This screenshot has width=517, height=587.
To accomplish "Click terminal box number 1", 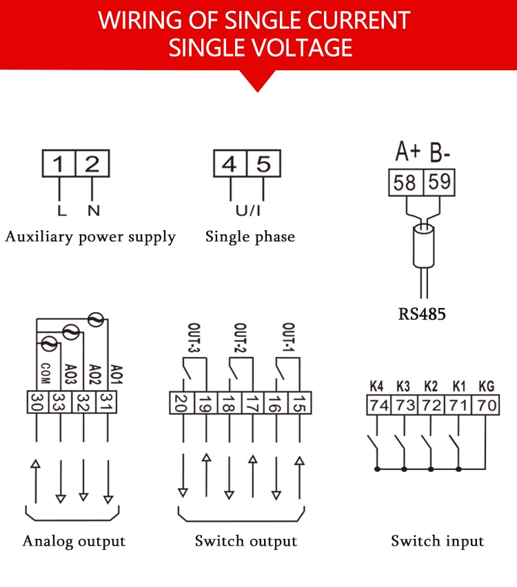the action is (59, 163).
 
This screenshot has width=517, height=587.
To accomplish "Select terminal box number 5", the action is (264, 163).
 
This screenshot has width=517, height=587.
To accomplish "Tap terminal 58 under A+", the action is (406, 183).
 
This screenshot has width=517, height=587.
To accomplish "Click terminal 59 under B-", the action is (439, 183).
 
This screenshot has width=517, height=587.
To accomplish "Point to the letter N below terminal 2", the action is (93, 211).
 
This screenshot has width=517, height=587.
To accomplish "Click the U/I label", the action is (247, 211).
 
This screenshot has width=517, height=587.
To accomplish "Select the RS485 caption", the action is (422, 314).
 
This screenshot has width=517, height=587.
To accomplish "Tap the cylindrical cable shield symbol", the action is (424, 246).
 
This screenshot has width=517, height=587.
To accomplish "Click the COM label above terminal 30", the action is (45, 373).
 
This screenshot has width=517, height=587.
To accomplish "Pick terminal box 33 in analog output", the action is (60, 402).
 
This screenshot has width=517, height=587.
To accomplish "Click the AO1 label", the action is (116, 374).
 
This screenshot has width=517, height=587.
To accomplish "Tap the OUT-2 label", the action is (240, 338).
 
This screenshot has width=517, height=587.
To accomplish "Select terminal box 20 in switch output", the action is (182, 403).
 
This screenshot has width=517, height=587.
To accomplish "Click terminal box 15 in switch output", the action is (299, 403).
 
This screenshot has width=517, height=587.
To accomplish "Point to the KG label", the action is (487, 386).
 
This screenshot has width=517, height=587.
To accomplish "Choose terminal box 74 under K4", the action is (378, 405).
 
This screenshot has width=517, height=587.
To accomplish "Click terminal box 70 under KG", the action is (487, 405).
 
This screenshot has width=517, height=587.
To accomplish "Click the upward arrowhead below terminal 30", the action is (36, 464).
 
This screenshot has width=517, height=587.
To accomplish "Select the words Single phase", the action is (250, 237).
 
